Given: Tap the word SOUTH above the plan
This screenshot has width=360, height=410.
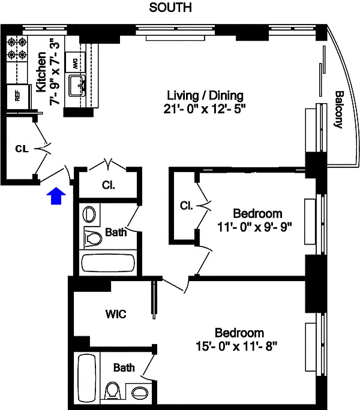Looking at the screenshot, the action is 170,8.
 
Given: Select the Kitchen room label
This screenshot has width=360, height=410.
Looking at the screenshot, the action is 41,71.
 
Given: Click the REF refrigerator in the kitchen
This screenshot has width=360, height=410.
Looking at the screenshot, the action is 17,96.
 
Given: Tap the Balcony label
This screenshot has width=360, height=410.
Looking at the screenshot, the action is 339,110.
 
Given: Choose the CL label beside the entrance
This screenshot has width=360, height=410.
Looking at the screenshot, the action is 22,149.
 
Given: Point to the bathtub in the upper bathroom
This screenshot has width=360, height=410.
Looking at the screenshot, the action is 108,263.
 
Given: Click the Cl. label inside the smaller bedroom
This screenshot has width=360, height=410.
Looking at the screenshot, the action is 186,206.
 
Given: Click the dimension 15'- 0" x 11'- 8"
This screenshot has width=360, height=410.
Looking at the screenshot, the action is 239,346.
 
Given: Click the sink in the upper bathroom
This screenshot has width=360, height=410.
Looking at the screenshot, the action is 89,214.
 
